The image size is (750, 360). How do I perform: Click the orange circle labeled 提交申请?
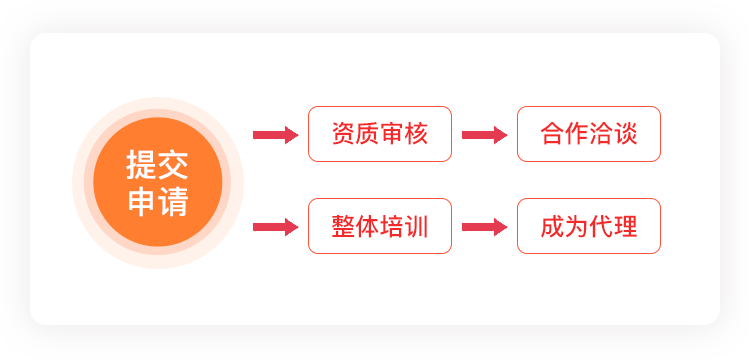158,182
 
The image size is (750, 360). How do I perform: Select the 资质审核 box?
380,134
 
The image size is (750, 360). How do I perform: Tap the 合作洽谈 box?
589,134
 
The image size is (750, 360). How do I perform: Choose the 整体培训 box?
380,226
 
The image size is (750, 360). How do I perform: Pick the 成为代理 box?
589,226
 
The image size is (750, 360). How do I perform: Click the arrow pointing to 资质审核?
276,135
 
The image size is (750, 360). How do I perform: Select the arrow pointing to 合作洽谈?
485,135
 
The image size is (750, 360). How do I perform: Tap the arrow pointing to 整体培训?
276,227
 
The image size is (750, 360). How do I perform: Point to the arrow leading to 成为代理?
485,227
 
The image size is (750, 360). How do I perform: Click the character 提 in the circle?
142,165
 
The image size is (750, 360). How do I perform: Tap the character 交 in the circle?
173,165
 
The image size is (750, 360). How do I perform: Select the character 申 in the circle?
142,201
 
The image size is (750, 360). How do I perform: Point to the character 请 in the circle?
173,201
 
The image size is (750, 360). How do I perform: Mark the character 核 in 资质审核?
416,134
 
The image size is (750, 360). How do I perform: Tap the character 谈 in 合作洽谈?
625,134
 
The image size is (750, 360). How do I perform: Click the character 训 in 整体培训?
416,227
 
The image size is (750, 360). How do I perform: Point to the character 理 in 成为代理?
625,227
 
